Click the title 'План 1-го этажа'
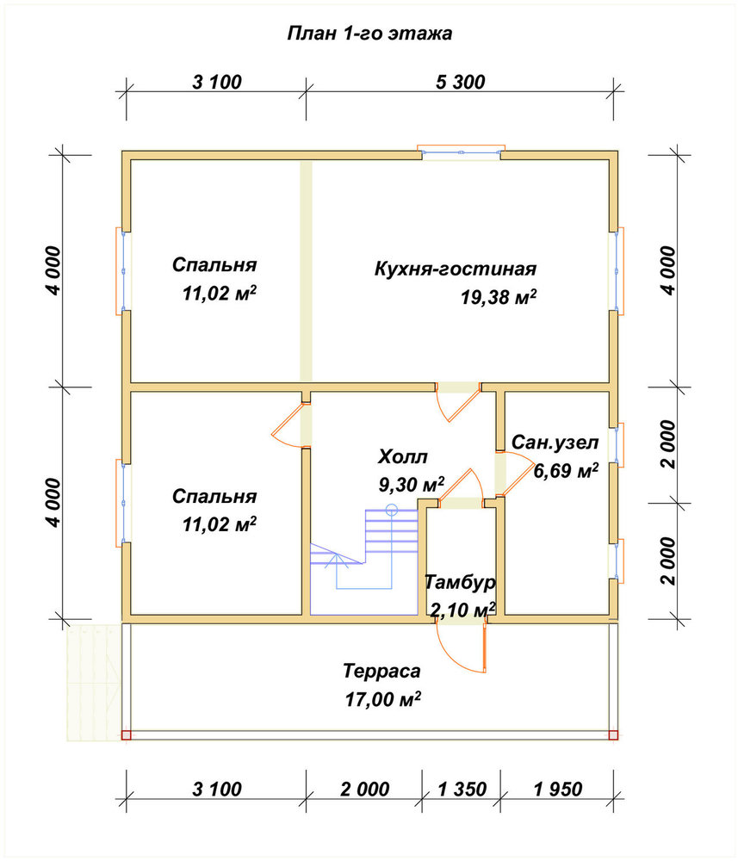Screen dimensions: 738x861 coord(369,34)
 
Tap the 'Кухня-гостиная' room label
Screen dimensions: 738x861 coord(456,269)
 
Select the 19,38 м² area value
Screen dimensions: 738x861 coord(498,297)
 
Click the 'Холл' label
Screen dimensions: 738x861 coord(402,456)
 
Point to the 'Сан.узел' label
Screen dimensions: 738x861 coord(555,443)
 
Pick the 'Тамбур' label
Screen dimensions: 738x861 coord(460,582)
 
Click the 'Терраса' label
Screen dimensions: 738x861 coord(381,671)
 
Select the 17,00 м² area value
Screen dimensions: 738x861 coord(382,699)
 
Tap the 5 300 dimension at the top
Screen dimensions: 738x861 coord(460,83)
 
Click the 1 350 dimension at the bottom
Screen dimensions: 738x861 coord(462,790)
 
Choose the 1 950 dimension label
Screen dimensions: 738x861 coord(558,790)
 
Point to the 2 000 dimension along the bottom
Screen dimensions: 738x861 coord(364,790)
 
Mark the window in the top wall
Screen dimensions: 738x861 coord(462,152)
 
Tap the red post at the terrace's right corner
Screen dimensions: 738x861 coord(613,735)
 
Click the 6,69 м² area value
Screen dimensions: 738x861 coord(566,471)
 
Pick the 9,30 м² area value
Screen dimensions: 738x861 coord(412,484)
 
